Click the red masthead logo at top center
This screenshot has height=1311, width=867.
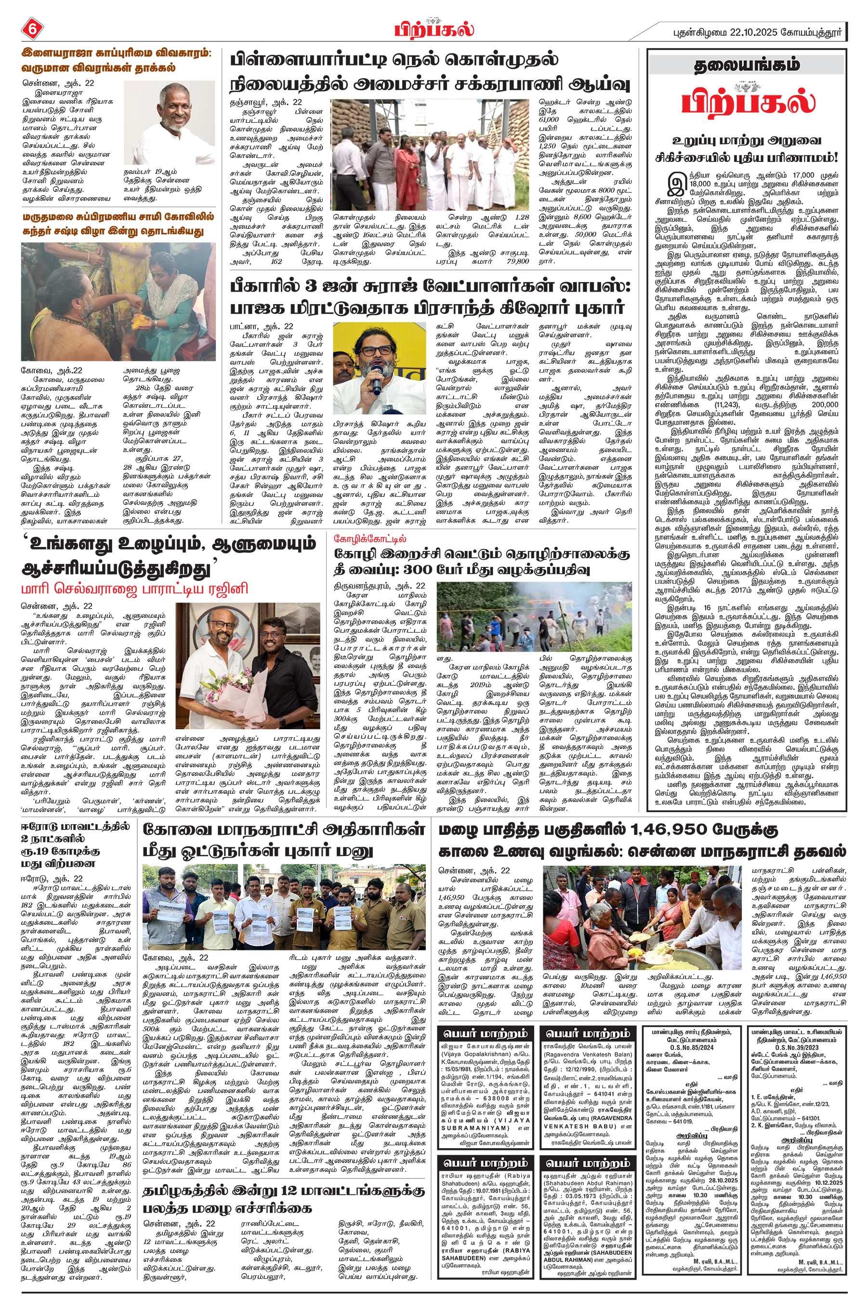pyautogui.click(x=434, y=29)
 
